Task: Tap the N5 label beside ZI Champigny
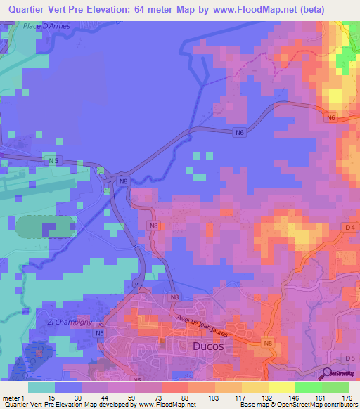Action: pos(101,332)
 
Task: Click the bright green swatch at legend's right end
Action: pos(335,387)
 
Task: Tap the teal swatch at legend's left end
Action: pos(41,387)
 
